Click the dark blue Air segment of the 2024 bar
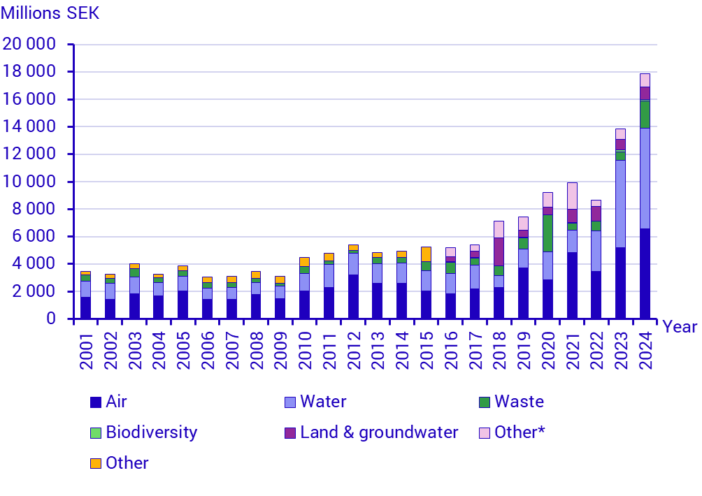645,273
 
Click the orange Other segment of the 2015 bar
426,254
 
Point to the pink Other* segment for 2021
572,196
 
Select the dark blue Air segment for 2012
353,296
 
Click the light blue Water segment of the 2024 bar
645,178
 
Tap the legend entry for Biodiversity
151,432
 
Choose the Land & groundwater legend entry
378,432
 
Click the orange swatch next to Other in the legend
96,463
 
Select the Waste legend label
518,402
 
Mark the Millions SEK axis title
50,14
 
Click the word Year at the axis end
679,327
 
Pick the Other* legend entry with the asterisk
519,432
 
